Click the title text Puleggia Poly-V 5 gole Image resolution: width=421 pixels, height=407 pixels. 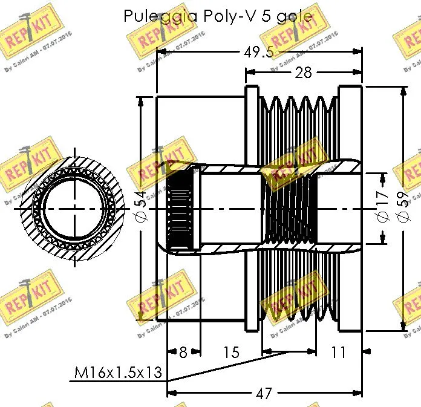coord(219,16)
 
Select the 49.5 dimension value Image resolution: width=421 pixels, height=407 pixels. coord(259,52)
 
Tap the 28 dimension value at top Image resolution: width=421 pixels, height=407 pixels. coord(303,73)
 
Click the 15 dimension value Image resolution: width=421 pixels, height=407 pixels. coord(231,352)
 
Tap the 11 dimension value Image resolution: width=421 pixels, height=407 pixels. coord(339,352)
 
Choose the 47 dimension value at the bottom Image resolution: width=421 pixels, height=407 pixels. coord(263,394)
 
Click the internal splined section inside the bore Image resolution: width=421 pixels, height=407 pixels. coord(179,209)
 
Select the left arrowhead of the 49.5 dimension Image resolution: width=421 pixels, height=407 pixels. coord(160,52)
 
